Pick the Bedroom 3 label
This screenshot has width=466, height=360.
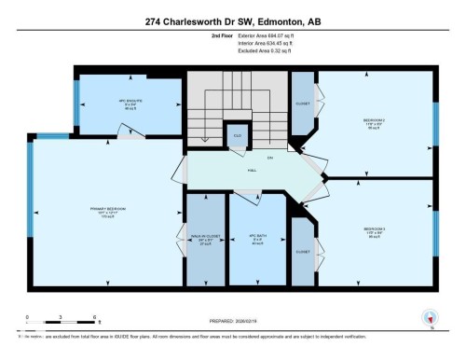(x=374, y=230)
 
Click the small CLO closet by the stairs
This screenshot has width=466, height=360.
(x=238, y=135)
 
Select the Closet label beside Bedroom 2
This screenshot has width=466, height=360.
(x=303, y=104)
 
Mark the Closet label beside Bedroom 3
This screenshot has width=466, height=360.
(x=303, y=251)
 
